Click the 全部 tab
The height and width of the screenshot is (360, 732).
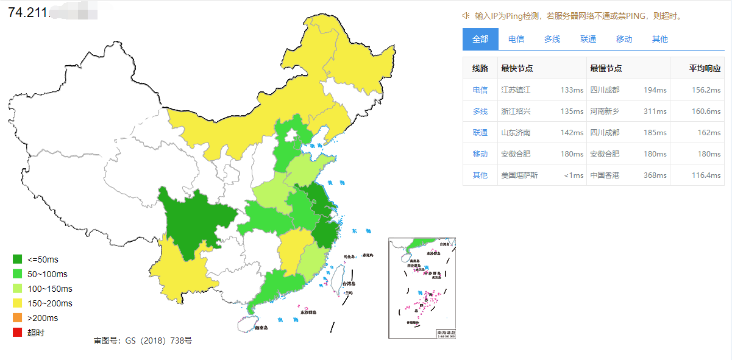pos(480,39)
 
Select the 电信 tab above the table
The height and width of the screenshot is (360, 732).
pos(516,39)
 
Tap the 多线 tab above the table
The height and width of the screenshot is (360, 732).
pos(552,39)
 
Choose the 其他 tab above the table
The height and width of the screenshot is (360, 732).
pos(660,39)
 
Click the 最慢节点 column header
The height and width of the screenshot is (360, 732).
pos(606,69)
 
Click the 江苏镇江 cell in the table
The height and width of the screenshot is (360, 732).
pos(516,90)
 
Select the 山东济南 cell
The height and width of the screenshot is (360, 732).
pos(516,133)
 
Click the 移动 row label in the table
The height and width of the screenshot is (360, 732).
pos(480,154)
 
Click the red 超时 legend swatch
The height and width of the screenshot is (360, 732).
pos(17,333)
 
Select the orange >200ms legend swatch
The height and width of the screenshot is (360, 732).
pos(17,318)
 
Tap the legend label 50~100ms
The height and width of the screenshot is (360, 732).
pos(48,274)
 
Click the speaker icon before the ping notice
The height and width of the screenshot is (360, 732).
pos(466,16)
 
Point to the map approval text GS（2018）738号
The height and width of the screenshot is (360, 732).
pos(143,341)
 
